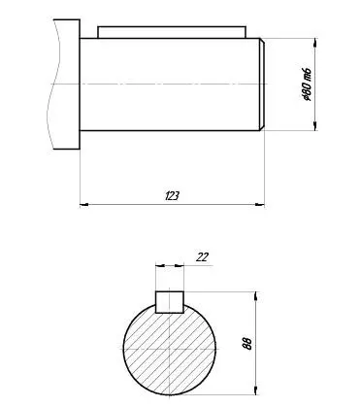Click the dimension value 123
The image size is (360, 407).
click(172, 196)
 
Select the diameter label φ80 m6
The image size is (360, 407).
click(306, 85)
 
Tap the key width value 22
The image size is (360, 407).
click(202, 257)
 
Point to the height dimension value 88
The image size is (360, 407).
click(246, 344)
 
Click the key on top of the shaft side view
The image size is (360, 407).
click(172, 32)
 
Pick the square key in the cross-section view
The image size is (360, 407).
click(170, 302)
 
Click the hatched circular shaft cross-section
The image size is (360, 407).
click(170, 350)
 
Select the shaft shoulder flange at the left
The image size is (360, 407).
click(67, 85)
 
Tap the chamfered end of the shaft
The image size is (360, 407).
click(262, 85)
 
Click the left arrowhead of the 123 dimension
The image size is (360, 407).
click(84, 205)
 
